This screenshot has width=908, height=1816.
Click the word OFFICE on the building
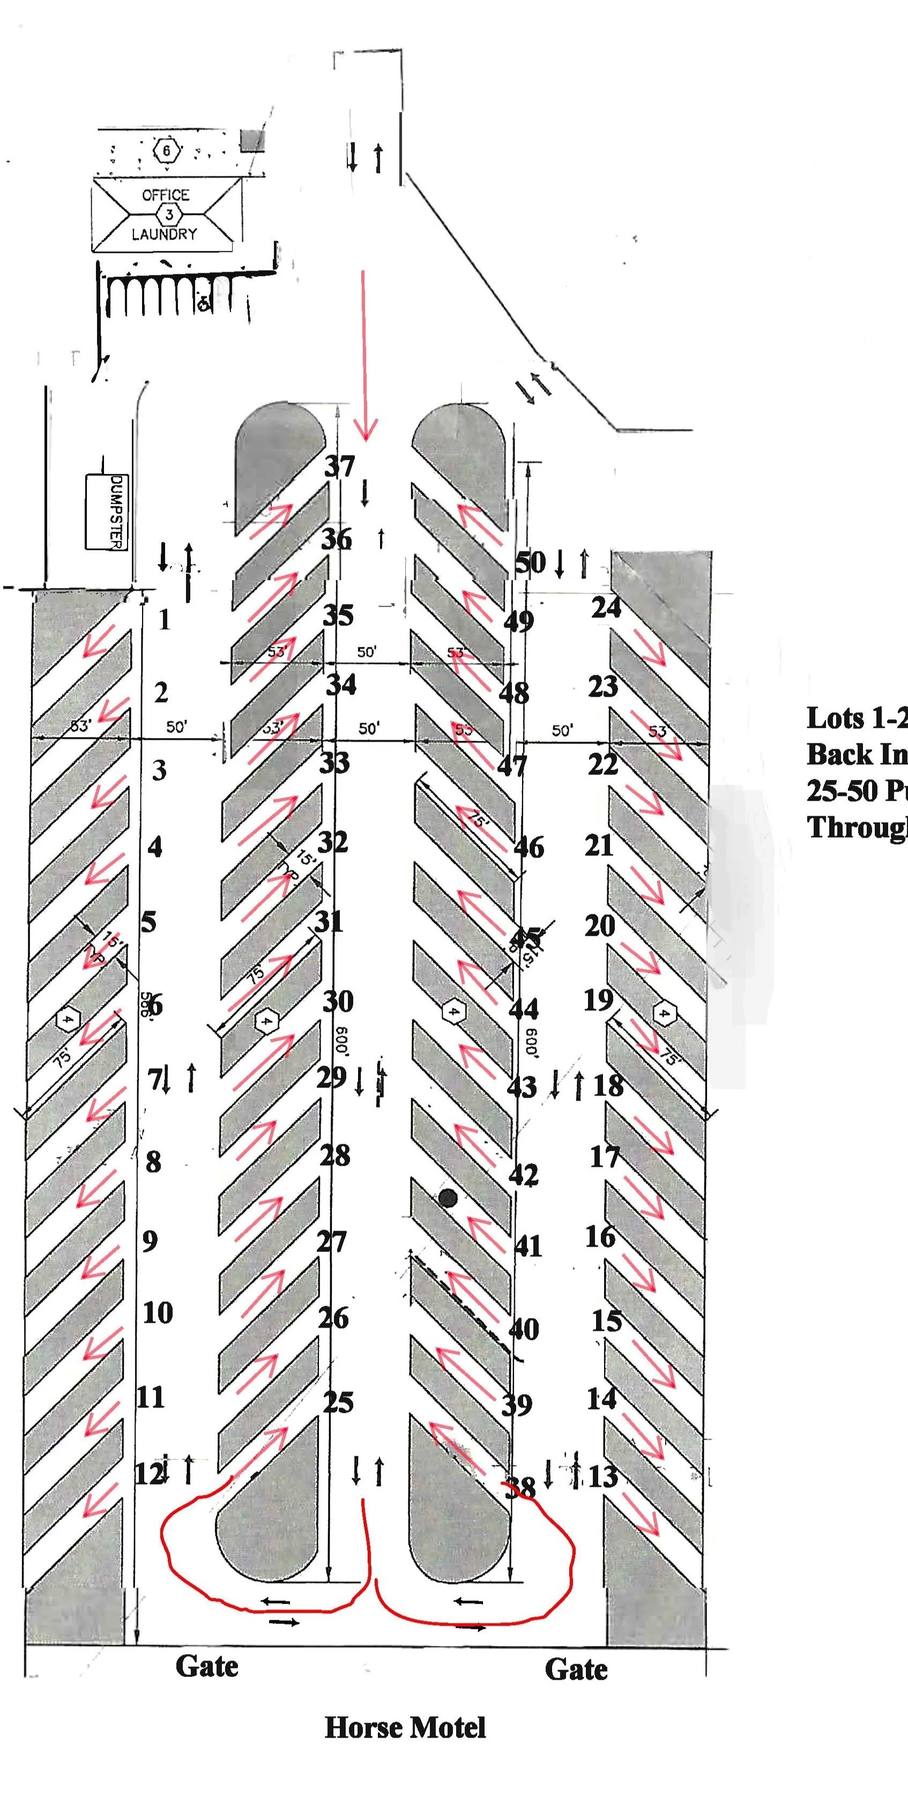(x=166, y=195)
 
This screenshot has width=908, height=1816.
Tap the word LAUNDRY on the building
(x=164, y=234)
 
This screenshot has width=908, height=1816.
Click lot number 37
(x=339, y=467)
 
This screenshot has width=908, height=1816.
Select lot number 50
(x=530, y=563)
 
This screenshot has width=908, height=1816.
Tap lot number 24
(x=606, y=608)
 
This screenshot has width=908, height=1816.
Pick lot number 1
(x=164, y=620)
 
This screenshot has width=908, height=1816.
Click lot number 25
(x=338, y=1402)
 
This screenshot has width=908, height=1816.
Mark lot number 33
(x=334, y=763)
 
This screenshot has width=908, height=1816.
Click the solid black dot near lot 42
(x=448, y=1198)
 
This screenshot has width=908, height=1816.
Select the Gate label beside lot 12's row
(x=206, y=1666)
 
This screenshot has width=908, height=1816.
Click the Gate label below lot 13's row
(x=576, y=1669)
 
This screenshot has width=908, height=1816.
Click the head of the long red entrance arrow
(x=365, y=431)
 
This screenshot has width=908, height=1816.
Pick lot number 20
(x=599, y=926)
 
